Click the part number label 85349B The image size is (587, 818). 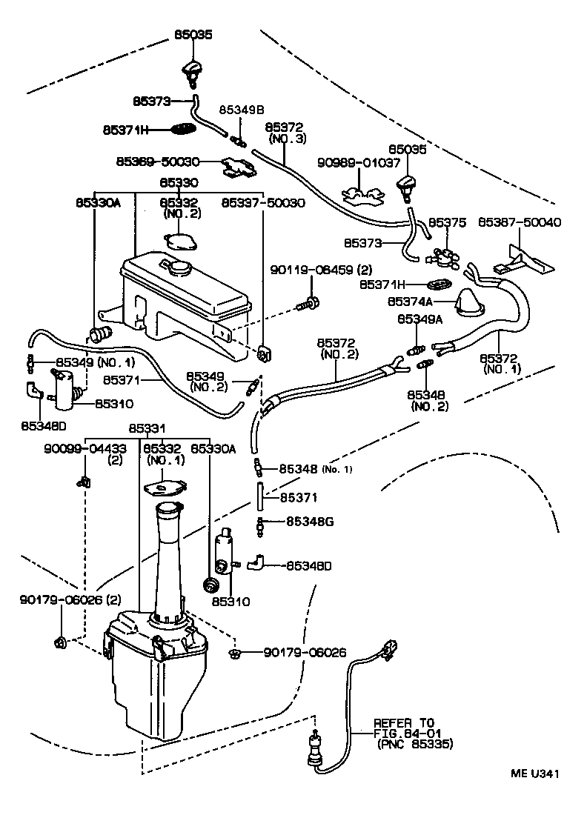[x=241, y=110]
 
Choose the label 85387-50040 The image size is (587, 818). [x=519, y=222]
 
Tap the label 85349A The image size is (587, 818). [x=419, y=319]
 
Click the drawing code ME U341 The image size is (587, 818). [x=534, y=775]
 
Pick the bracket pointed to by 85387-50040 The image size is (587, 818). [x=528, y=259]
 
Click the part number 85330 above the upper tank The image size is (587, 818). [x=179, y=182]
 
